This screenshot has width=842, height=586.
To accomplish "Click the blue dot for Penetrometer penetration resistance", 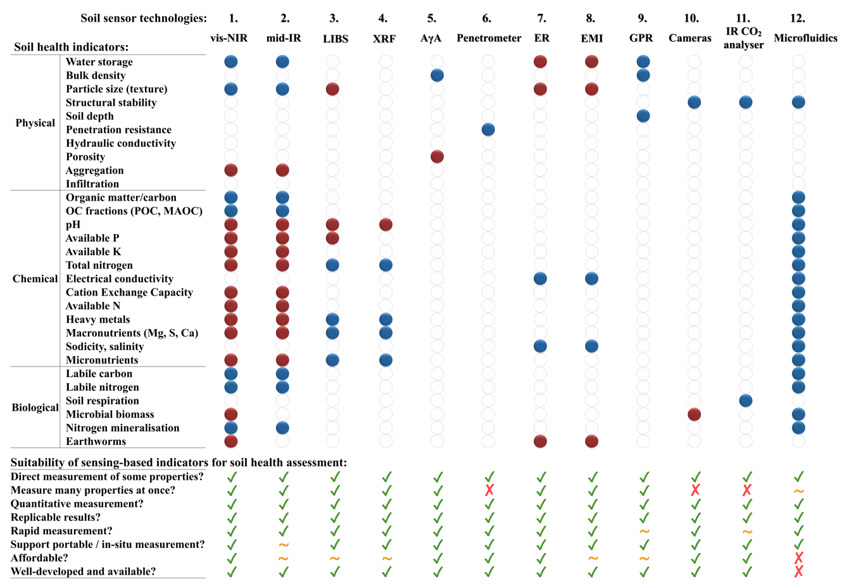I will [x=488, y=130].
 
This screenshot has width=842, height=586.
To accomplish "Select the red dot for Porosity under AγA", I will [x=437, y=157].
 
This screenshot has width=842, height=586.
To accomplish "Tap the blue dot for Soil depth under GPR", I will [x=643, y=116].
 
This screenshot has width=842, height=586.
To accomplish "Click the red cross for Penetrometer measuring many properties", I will [x=489, y=490].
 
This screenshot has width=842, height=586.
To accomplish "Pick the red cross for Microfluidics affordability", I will [x=799, y=558].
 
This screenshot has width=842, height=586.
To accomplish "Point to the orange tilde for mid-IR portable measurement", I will [x=284, y=544].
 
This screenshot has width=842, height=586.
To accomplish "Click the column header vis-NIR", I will [x=229, y=38].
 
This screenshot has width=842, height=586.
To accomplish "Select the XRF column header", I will [x=384, y=39].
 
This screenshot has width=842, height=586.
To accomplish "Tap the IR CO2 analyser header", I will [x=744, y=38].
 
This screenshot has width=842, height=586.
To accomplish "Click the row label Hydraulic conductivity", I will [x=121, y=143].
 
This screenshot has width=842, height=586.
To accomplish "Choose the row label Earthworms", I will [x=96, y=441].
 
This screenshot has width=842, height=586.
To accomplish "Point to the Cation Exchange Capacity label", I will [x=129, y=292].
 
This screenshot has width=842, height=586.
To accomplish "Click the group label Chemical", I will [x=35, y=278].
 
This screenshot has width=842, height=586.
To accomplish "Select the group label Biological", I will [x=35, y=408].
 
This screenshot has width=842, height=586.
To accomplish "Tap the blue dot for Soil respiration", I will [x=746, y=401].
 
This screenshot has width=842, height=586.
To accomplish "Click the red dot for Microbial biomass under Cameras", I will [x=694, y=415].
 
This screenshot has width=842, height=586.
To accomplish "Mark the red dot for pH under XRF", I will [x=386, y=225].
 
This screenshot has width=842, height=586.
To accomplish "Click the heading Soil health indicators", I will [x=71, y=47].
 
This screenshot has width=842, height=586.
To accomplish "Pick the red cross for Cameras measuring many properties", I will [x=695, y=490].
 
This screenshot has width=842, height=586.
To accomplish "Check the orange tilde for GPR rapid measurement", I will [x=644, y=531].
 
